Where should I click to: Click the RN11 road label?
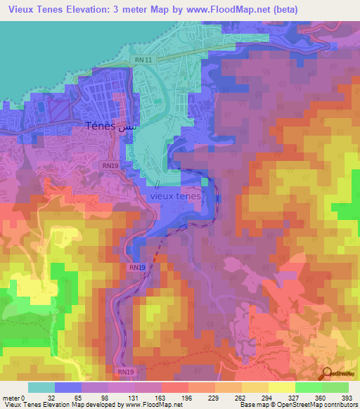coord(143,60)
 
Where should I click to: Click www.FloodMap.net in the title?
coord(225,10)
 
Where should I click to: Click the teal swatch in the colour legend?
coord(41,388)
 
